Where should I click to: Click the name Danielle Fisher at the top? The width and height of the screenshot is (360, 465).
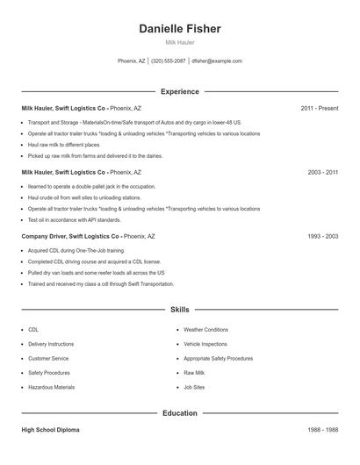(179, 29)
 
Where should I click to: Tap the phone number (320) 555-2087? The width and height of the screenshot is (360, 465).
(169, 61)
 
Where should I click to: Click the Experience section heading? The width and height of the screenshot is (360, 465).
(179, 91)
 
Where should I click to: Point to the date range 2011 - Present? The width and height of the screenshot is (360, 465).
(319, 109)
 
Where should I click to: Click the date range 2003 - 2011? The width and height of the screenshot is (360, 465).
(322, 173)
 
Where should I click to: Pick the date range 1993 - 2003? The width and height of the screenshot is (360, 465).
(322, 237)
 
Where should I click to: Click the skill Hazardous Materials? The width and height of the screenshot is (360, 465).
(51, 387)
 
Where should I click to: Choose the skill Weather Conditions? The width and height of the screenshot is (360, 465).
(205, 330)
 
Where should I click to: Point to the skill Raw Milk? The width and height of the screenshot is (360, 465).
(194, 373)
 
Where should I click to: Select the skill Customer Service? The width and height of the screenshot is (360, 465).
(49, 359)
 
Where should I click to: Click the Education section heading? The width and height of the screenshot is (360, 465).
(179, 413)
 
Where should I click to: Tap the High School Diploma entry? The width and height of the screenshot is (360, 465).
(51, 431)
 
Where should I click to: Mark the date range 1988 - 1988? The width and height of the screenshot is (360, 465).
(322, 431)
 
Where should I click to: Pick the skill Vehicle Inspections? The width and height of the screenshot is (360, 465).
(205, 345)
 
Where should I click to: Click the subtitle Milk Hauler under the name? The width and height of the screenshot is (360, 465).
(179, 42)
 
